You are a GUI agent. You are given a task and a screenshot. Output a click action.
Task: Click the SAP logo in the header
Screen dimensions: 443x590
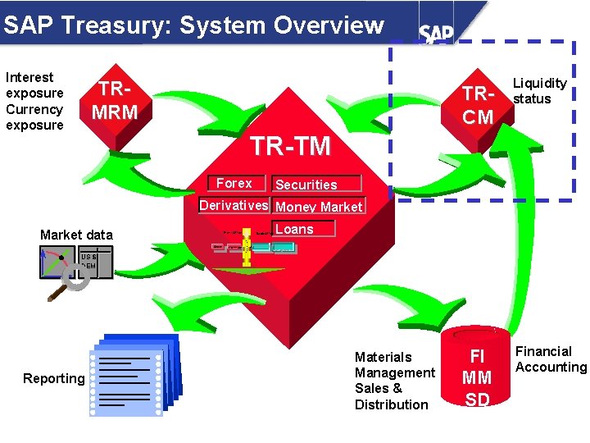point(437,33)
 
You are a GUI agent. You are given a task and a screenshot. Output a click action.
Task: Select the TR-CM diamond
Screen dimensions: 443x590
point(478,106)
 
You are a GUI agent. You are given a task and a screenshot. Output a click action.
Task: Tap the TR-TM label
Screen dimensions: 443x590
point(290,146)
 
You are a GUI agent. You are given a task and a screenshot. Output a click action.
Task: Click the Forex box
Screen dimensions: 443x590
point(234,183)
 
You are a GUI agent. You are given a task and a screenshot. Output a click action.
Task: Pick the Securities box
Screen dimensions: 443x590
point(306,185)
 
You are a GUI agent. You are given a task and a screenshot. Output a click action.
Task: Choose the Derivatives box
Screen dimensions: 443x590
point(234,205)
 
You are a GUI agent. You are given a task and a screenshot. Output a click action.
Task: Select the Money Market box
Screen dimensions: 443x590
point(319,207)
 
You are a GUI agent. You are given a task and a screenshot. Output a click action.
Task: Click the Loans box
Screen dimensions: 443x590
point(294,229)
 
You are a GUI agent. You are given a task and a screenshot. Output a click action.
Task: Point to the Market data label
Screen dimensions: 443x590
point(76,235)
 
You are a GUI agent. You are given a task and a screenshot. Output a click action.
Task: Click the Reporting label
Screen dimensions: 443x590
point(54,378)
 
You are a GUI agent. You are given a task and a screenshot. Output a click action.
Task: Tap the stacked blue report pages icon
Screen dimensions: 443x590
point(134,372)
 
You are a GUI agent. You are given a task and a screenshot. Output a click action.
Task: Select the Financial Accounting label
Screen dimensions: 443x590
point(551,359)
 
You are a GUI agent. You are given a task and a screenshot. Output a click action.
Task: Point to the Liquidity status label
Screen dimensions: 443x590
point(539,90)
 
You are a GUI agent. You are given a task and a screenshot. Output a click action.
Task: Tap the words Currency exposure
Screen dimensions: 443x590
point(34,116)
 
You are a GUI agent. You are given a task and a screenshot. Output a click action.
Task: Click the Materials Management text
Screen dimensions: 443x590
point(394,365)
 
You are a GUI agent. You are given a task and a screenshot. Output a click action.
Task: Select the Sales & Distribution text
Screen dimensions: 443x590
point(392,396)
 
